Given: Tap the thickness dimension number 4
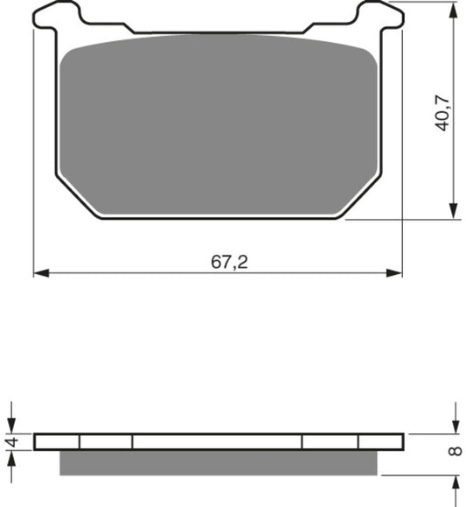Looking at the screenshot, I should [x=11, y=442].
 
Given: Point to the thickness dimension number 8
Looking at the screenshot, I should [x=454, y=452].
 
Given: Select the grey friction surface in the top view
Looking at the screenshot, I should [x=219, y=123].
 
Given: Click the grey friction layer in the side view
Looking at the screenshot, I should [x=219, y=462].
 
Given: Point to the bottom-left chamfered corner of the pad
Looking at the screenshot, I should [x=79, y=197].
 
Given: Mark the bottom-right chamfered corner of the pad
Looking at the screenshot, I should [x=359, y=197].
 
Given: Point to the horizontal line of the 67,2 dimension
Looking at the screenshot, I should [x=131, y=273].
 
